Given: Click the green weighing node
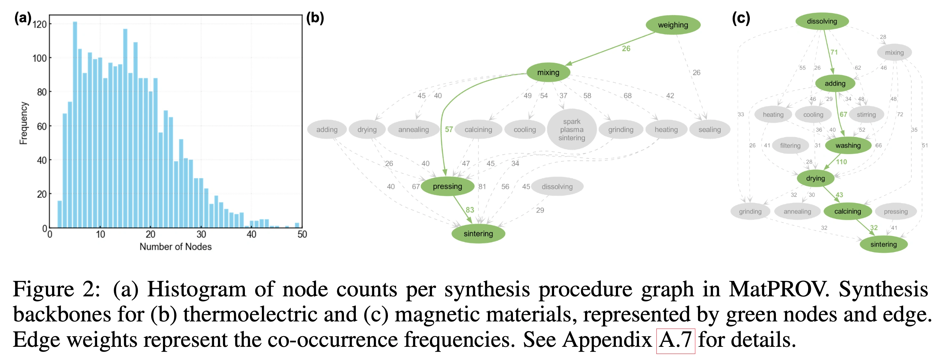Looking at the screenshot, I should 673,25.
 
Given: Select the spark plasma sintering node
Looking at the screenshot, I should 571,130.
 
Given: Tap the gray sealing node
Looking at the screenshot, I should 709,130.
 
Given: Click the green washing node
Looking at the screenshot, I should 848,145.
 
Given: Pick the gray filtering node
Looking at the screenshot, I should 790,145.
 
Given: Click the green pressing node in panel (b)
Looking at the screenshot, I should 447,186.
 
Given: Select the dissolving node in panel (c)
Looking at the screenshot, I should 822,21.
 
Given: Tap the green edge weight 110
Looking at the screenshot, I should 841,162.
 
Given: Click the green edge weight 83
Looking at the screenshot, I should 470,210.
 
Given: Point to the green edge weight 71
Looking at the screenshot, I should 834,52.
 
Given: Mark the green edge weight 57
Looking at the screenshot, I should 449,129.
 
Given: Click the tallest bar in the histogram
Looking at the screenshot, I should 75,124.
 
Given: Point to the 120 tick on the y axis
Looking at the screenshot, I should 40,24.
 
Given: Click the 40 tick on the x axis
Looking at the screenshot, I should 251,234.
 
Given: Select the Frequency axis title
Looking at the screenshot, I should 23,123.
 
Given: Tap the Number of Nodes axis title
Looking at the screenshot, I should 175,247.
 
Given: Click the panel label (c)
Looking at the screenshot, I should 741,18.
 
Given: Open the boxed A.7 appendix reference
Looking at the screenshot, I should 675,340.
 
